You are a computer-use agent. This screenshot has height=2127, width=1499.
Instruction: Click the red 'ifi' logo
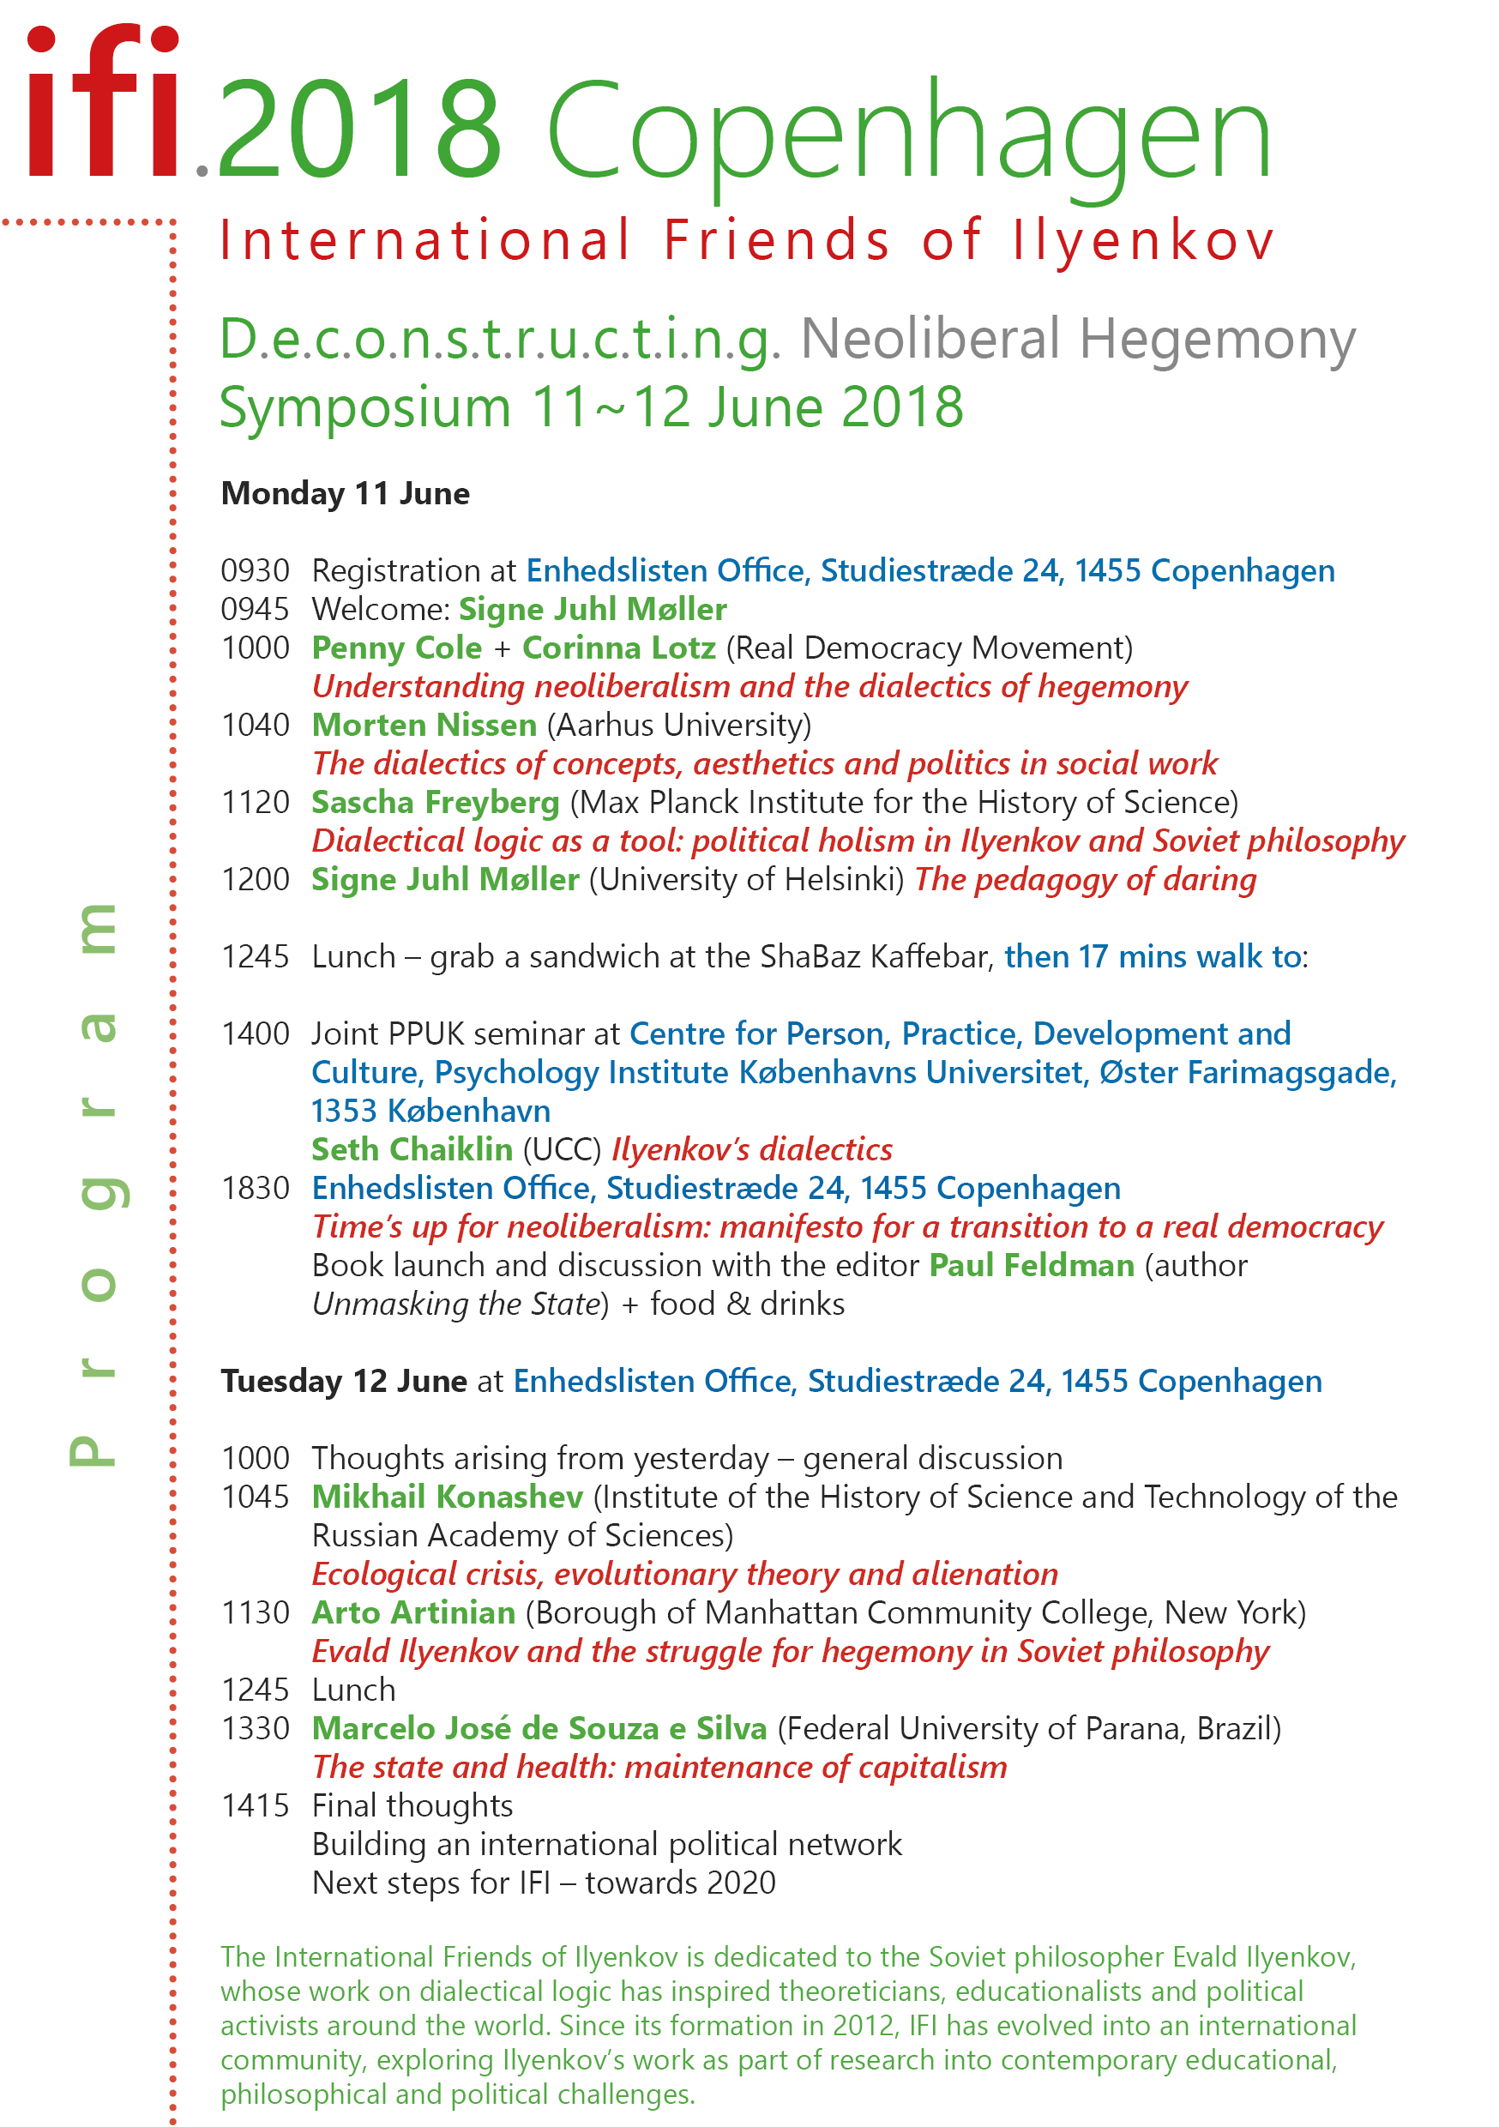point(102,102)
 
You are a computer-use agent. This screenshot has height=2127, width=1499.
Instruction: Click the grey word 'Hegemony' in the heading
point(1216,339)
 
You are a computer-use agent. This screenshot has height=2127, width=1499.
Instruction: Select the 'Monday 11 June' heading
point(345,494)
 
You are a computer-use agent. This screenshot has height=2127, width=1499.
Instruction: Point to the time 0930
point(255,570)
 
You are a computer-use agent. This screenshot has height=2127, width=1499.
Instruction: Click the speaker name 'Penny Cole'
point(396,648)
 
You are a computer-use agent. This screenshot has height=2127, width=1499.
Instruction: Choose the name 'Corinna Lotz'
point(618,648)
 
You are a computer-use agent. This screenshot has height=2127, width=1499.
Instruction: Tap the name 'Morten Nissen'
point(424,725)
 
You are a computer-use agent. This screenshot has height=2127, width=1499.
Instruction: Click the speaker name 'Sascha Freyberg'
point(435,802)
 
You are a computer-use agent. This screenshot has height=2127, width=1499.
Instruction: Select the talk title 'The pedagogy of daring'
point(1085,879)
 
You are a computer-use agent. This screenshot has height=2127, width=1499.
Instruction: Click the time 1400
point(255,1033)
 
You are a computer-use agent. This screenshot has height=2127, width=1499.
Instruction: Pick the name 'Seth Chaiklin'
point(412,1149)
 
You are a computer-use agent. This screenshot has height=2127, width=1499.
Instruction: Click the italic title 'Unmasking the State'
point(457,1305)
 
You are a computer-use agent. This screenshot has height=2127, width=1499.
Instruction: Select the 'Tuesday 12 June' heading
point(343,1381)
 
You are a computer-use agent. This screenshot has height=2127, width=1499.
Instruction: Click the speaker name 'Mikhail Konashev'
point(447,1497)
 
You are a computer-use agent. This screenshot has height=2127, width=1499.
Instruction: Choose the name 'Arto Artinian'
point(412,1613)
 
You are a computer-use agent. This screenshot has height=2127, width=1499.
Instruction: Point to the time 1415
point(255,1805)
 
